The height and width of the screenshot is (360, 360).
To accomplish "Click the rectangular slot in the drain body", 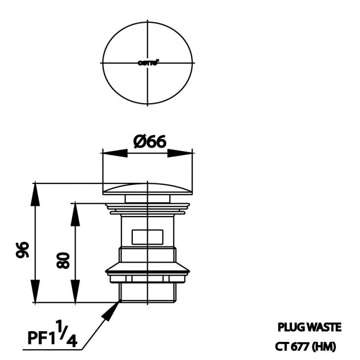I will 147,237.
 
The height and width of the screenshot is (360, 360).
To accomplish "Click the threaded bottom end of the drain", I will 147,292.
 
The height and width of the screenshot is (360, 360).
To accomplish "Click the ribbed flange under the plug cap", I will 147,210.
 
